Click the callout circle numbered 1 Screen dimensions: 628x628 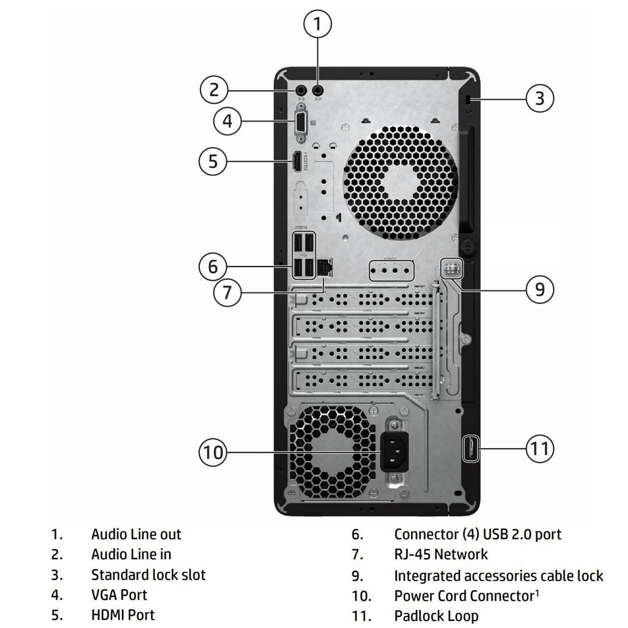(317, 24)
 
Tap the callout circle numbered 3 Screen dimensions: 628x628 (540, 98)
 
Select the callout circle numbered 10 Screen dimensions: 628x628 (213, 452)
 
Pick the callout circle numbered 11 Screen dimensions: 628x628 (540, 448)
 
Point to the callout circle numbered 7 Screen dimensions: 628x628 (227, 292)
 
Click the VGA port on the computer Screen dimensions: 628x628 (301, 123)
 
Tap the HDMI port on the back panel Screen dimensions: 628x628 (297, 162)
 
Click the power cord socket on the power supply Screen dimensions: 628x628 (394, 452)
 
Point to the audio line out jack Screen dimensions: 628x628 (318, 90)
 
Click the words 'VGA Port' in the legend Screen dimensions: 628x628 (119, 595)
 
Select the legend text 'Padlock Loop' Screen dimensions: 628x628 (436, 615)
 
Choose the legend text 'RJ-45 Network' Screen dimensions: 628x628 (441, 554)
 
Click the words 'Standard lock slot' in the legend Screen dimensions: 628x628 (148, 575)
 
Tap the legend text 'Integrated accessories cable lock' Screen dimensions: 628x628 (498, 575)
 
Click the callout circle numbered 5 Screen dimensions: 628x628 (213, 161)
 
